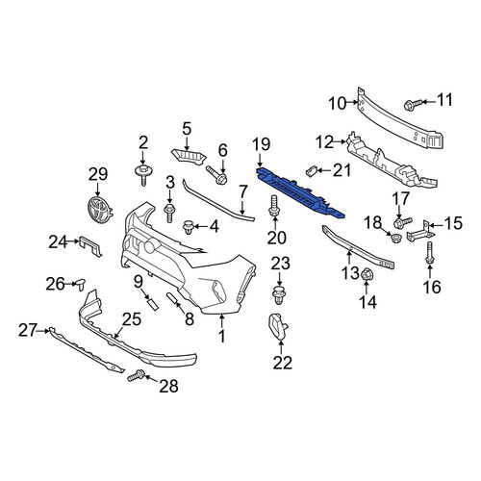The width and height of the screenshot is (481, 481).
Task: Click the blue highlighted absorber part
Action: (x=300, y=193)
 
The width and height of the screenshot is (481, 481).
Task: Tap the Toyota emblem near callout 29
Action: (x=99, y=210)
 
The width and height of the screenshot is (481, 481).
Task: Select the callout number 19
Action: (x=262, y=144)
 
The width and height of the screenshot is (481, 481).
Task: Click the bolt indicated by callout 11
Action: (x=413, y=105)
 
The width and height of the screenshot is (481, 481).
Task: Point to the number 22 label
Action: (x=283, y=363)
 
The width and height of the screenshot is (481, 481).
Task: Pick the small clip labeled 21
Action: (x=311, y=170)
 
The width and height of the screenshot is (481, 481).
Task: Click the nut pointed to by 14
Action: (x=366, y=275)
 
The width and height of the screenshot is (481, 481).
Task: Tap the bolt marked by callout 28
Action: (x=137, y=375)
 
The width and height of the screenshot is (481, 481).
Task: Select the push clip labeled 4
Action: (x=188, y=227)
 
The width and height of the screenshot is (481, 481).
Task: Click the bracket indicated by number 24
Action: (x=90, y=246)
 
